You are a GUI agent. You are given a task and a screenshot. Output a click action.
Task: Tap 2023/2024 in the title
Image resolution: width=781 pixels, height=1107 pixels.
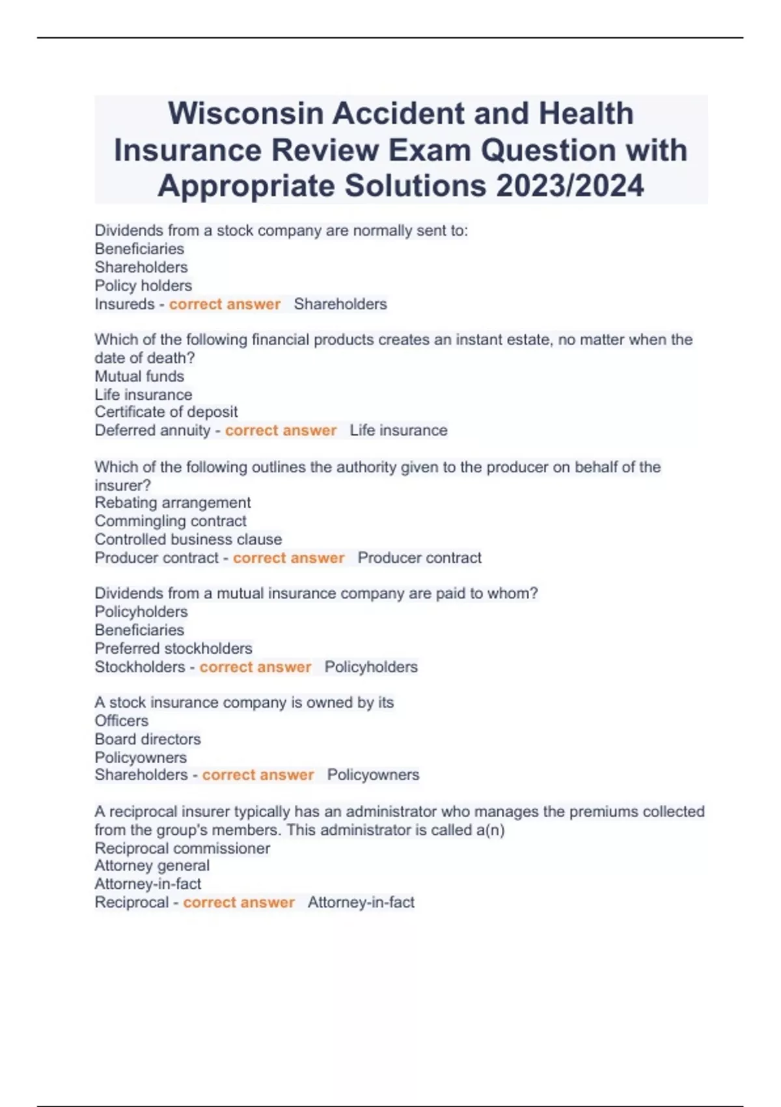(x=569, y=186)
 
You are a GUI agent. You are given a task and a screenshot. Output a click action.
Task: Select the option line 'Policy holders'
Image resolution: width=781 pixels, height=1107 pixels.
(x=143, y=285)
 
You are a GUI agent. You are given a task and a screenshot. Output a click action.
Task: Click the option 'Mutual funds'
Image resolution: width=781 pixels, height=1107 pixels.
(x=139, y=376)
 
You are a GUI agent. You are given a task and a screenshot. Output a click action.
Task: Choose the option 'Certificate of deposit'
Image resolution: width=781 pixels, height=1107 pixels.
(x=166, y=412)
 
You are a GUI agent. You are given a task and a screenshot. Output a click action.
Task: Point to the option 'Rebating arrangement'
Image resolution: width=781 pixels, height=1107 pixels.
(x=172, y=503)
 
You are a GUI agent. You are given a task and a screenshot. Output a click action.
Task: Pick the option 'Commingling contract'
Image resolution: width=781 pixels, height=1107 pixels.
(x=171, y=521)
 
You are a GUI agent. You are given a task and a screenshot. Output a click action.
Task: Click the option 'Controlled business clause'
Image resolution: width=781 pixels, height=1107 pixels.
(x=188, y=539)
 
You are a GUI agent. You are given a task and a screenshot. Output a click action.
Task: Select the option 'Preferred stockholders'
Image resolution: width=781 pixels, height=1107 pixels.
(x=173, y=649)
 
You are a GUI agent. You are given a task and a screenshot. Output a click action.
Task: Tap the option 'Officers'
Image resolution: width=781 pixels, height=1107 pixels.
(x=121, y=721)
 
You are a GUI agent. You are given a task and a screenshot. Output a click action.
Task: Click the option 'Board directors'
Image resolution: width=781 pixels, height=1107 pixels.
(x=148, y=739)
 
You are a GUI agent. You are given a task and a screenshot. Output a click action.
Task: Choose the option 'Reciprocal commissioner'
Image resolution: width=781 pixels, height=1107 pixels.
(x=182, y=848)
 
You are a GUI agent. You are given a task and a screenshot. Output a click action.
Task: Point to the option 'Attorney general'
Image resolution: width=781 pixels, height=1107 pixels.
(x=152, y=866)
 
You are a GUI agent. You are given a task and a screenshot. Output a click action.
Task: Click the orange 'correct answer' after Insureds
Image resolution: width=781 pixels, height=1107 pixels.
(x=225, y=304)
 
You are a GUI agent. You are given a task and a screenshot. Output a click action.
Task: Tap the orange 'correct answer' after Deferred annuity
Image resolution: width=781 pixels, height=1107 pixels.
(x=281, y=430)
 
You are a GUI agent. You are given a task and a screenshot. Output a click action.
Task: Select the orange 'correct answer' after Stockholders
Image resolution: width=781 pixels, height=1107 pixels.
(x=255, y=667)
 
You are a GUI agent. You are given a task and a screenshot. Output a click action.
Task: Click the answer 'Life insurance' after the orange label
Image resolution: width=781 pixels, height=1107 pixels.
(x=398, y=430)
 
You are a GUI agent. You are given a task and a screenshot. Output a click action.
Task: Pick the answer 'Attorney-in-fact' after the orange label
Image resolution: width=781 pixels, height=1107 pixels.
(x=361, y=903)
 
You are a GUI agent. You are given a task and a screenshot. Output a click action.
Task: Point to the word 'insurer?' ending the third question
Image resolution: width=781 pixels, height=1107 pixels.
(x=122, y=485)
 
